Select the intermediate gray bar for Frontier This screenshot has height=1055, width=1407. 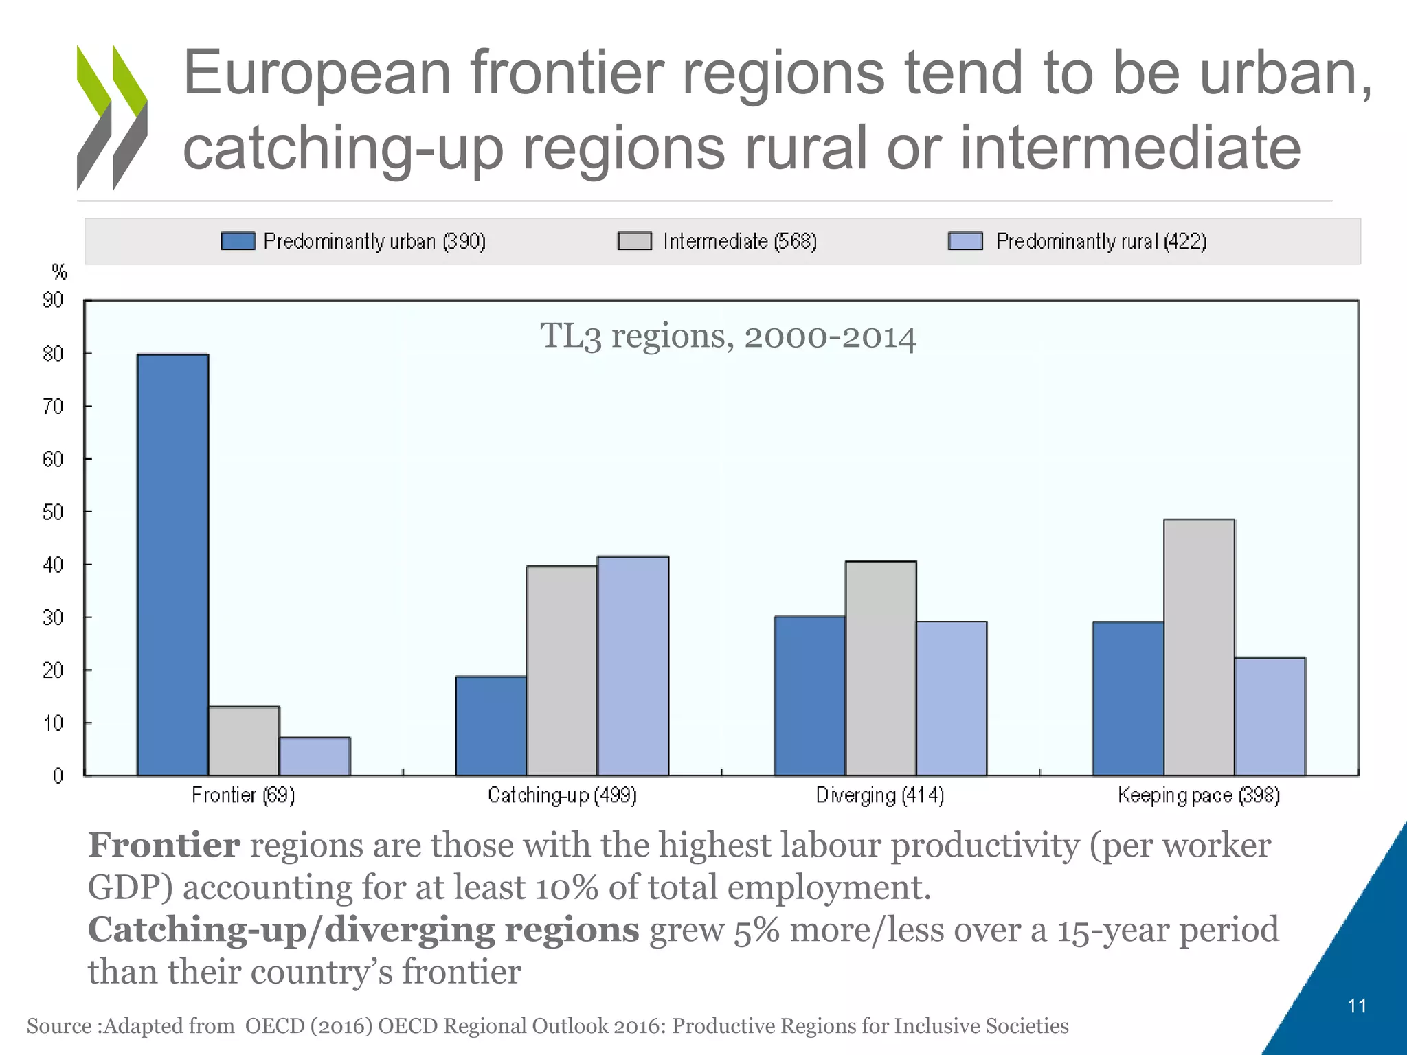click(x=244, y=740)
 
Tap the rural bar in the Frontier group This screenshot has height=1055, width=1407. click(x=315, y=756)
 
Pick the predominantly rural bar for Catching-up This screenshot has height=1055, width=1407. click(x=633, y=666)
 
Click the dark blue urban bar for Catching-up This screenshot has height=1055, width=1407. click(x=491, y=725)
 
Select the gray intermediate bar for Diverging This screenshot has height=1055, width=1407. click(x=881, y=668)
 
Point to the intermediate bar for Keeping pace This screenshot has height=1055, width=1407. click(x=1199, y=647)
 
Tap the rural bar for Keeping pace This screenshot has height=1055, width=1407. click(x=1270, y=716)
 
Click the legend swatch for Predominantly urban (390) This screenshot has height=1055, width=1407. click(x=238, y=241)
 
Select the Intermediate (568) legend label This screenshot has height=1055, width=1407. click(x=739, y=241)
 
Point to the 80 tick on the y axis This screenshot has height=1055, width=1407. click(x=54, y=354)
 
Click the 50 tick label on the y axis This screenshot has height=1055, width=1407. click(x=54, y=512)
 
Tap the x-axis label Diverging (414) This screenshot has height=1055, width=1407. click(x=880, y=795)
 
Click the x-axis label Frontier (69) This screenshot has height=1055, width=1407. click(x=243, y=795)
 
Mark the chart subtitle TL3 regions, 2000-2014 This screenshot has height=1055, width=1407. click(x=728, y=337)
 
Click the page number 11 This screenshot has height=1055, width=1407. click(x=1357, y=1006)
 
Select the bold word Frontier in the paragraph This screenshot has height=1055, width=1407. click(x=164, y=845)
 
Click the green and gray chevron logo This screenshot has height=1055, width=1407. click(x=112, y=117)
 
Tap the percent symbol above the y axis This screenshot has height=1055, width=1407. click(x=60, y=273)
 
